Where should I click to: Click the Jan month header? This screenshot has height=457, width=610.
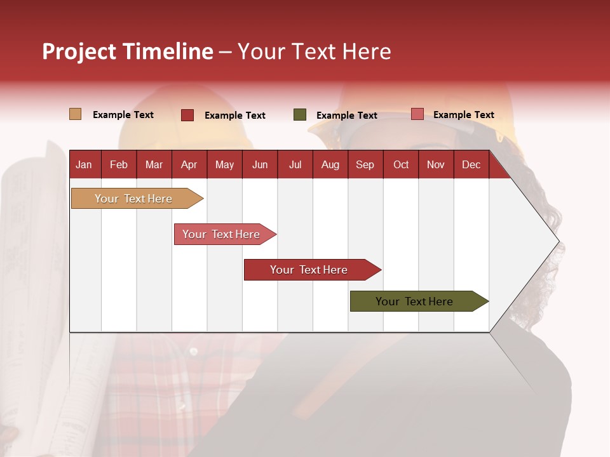point(85,164)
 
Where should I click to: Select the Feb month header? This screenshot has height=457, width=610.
point(119,164)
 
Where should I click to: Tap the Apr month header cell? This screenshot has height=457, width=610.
point(189,164)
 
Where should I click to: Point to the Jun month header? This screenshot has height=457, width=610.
point(260,164)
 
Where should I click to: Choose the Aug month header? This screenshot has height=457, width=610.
point(330,164)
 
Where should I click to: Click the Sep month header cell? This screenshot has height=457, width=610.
point(365,164)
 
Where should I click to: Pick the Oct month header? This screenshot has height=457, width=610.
point(401,164)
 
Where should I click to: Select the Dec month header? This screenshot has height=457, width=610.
point(471,164)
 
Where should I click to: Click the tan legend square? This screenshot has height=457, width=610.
point(76,114)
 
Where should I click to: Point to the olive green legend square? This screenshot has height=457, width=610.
point(300,115)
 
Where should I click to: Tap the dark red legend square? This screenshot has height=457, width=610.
point(187,115)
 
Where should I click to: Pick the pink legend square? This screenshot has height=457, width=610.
point(417,114)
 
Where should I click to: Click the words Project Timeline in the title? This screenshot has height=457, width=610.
point(128,51)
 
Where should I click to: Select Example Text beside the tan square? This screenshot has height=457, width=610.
point(123,115)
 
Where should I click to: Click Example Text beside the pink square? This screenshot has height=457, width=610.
point(464,115)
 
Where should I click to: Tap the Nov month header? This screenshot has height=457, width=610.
point(436,164)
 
